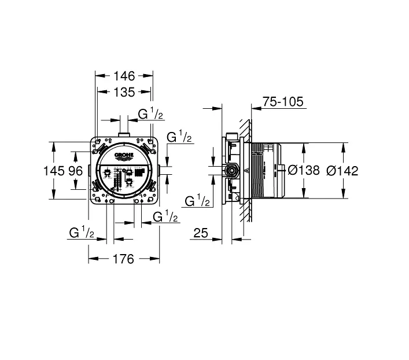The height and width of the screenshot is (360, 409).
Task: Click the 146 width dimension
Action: click(x=124, y=76)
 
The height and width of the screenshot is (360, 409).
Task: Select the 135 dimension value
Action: click(x=124, y=92)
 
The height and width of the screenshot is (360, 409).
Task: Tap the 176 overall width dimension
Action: click(x=123, y=259)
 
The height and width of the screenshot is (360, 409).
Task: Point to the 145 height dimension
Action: click(x=54, y=171)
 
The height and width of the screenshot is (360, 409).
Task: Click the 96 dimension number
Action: click(x=76, y=171)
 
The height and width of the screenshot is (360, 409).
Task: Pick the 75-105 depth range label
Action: click(x=283, y=101)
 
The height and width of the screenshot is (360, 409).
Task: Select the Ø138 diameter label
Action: click(x=304, y=171)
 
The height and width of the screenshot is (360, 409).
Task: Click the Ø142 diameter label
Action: click(x=342, y=171)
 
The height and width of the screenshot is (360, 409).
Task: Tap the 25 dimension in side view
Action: click(x=201, y=233)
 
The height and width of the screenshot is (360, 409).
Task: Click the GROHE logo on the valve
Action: click(x=124, y=156)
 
